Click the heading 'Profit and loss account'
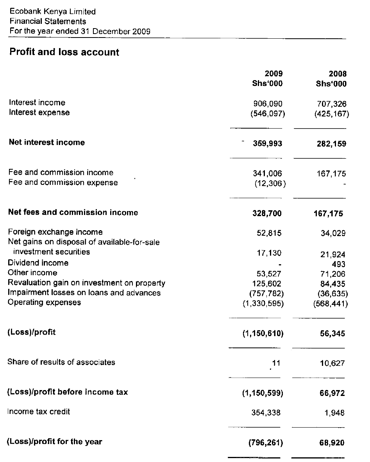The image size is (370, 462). pos(64,52)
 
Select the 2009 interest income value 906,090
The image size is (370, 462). pos(268,104)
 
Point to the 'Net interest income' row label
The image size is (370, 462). pos(47,142)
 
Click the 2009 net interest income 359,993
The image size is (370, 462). pos(267,144)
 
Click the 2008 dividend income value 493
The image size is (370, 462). pos(339,264)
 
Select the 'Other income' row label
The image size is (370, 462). pos(32,273)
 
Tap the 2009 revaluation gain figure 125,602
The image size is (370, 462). pos(268,283)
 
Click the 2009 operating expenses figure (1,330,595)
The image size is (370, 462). pos(263,303)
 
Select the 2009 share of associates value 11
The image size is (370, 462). pos(276,363)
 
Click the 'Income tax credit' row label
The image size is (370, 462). pos(39,411)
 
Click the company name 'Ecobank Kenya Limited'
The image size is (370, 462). pos(52,12)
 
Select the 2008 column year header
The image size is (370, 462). pos(338,73)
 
